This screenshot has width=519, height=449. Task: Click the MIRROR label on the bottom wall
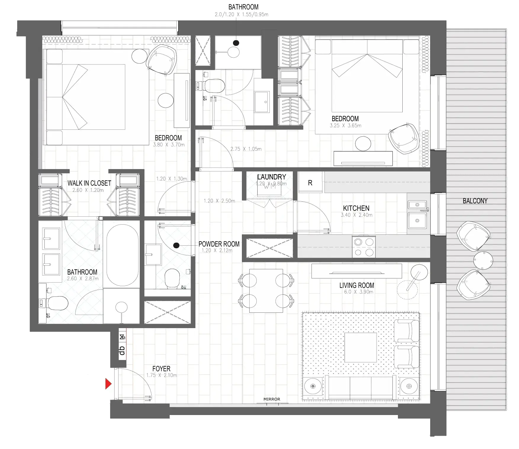click(x=271, y=399)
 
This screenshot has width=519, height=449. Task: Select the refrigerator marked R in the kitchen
click(x=310, y=183)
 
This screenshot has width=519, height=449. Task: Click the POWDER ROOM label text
click(x=219, y=244)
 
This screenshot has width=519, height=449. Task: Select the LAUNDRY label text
click(x=271, y=177)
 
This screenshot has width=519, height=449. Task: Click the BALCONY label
click(x=475, y=201)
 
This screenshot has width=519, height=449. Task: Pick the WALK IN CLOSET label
click(x=89, y=183)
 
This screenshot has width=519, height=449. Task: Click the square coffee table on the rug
click(x=360, y=347)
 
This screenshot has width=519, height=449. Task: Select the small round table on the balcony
click(x=483, y=261)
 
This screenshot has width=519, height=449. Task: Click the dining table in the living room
click(x=266, y=291)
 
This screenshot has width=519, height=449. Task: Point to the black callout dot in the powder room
click(x=176, y=245)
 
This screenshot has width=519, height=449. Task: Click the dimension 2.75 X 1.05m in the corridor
click(x=246, y=149)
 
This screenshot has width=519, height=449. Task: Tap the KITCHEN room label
click(x=356, y=208)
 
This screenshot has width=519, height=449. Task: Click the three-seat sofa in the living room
click(x=361, y=387)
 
